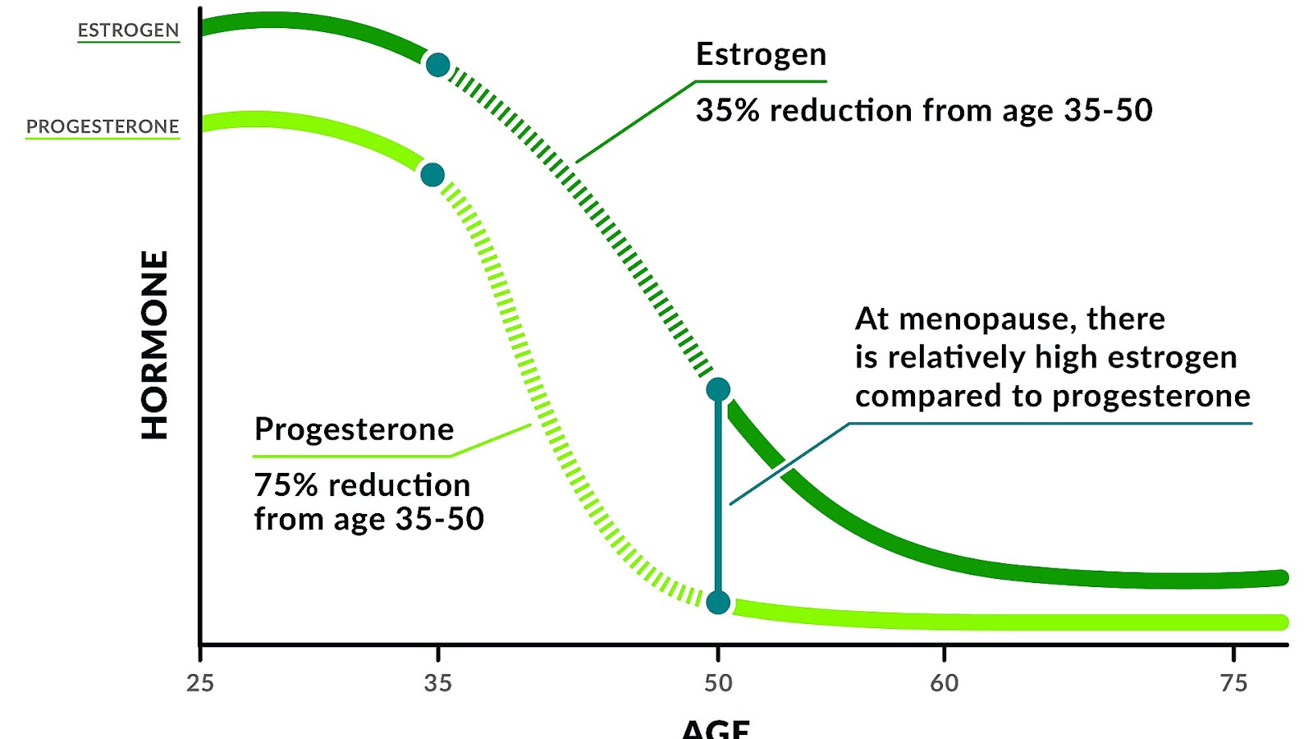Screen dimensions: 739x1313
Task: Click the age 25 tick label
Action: click(199, 683)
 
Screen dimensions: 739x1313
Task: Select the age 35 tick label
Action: click(437, 683)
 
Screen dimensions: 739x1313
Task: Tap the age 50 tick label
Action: click(718, 683)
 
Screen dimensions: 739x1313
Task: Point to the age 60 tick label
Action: click(944, 683)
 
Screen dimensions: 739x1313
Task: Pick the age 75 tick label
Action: click(1233, 683)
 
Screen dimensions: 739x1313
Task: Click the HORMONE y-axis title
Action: click(154, 345)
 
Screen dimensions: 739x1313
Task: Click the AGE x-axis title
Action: click(716, 728)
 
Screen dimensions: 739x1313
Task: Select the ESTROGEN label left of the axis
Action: click(128, 30)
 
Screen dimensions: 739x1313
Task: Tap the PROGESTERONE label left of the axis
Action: click(103, 126)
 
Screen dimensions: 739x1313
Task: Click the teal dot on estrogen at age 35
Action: click(438, 65)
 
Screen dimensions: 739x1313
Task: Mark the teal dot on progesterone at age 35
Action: click(432, 175)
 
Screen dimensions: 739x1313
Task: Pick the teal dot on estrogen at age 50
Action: click(718, 389)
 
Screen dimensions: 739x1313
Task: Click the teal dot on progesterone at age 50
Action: click(718, 603)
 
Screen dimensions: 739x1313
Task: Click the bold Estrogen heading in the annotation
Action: click(761, 55)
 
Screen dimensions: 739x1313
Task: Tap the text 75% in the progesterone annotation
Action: click(286, 485)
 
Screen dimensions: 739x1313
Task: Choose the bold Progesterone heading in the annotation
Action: click(354, 429)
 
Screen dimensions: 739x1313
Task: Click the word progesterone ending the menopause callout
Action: click(1151, 397)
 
